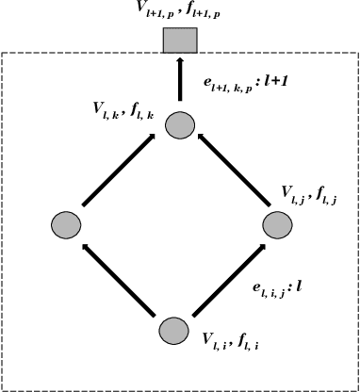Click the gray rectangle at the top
(179, 41)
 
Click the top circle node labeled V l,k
(179, 123)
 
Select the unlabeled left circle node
(64, 225)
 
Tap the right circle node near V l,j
(279, 225)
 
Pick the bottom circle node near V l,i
(172, 330)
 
